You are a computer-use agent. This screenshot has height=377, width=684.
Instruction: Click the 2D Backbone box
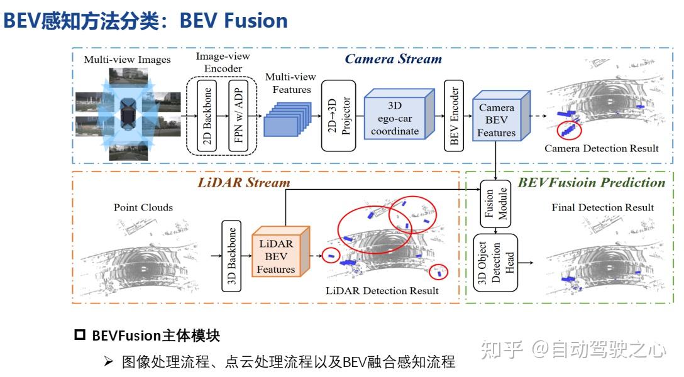pos(207,115)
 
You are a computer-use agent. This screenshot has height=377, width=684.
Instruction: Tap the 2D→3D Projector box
pos(338,116)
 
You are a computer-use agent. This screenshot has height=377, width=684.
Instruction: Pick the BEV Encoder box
pos(453,116)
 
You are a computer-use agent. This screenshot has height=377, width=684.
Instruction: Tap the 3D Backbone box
pos(231,256)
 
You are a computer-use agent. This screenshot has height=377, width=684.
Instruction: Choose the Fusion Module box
pos(496,204)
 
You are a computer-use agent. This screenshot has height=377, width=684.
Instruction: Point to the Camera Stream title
pos(394,59)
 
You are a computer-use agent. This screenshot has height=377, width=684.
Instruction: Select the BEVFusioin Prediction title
pos(591,183)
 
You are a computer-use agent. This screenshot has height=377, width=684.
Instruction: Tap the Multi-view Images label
pos(128,60)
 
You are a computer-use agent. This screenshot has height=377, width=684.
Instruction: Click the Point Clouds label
pos(143,207)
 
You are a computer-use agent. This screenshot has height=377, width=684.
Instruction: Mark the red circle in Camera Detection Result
pos(569,130)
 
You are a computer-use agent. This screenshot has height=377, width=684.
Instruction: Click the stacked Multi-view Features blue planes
pos(287,119)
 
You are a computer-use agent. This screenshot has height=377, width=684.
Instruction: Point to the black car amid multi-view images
pos(128,114)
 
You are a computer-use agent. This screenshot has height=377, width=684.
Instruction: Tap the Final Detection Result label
pos(602,207)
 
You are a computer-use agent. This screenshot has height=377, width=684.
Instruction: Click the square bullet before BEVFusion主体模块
pos(80,334)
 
